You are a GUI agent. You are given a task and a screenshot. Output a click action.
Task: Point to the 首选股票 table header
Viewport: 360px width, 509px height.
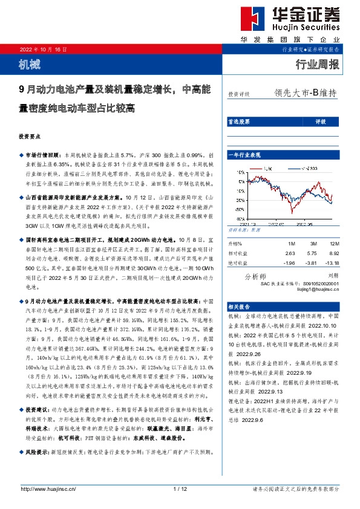[x=238, y=122]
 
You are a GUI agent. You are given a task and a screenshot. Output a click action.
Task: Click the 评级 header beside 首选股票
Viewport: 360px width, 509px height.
[x=320, y=122]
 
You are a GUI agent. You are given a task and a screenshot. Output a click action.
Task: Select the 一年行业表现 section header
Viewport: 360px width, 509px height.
[x=243, y=156]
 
